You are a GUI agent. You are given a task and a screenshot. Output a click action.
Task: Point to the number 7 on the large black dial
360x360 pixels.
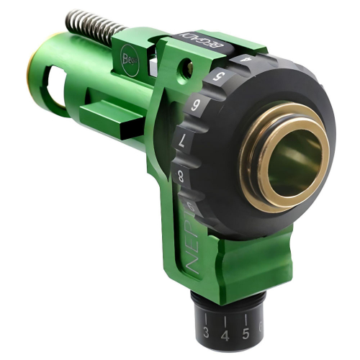tap(183, 137)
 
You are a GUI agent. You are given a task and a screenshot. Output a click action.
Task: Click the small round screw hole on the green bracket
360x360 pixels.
tap(188, 71)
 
